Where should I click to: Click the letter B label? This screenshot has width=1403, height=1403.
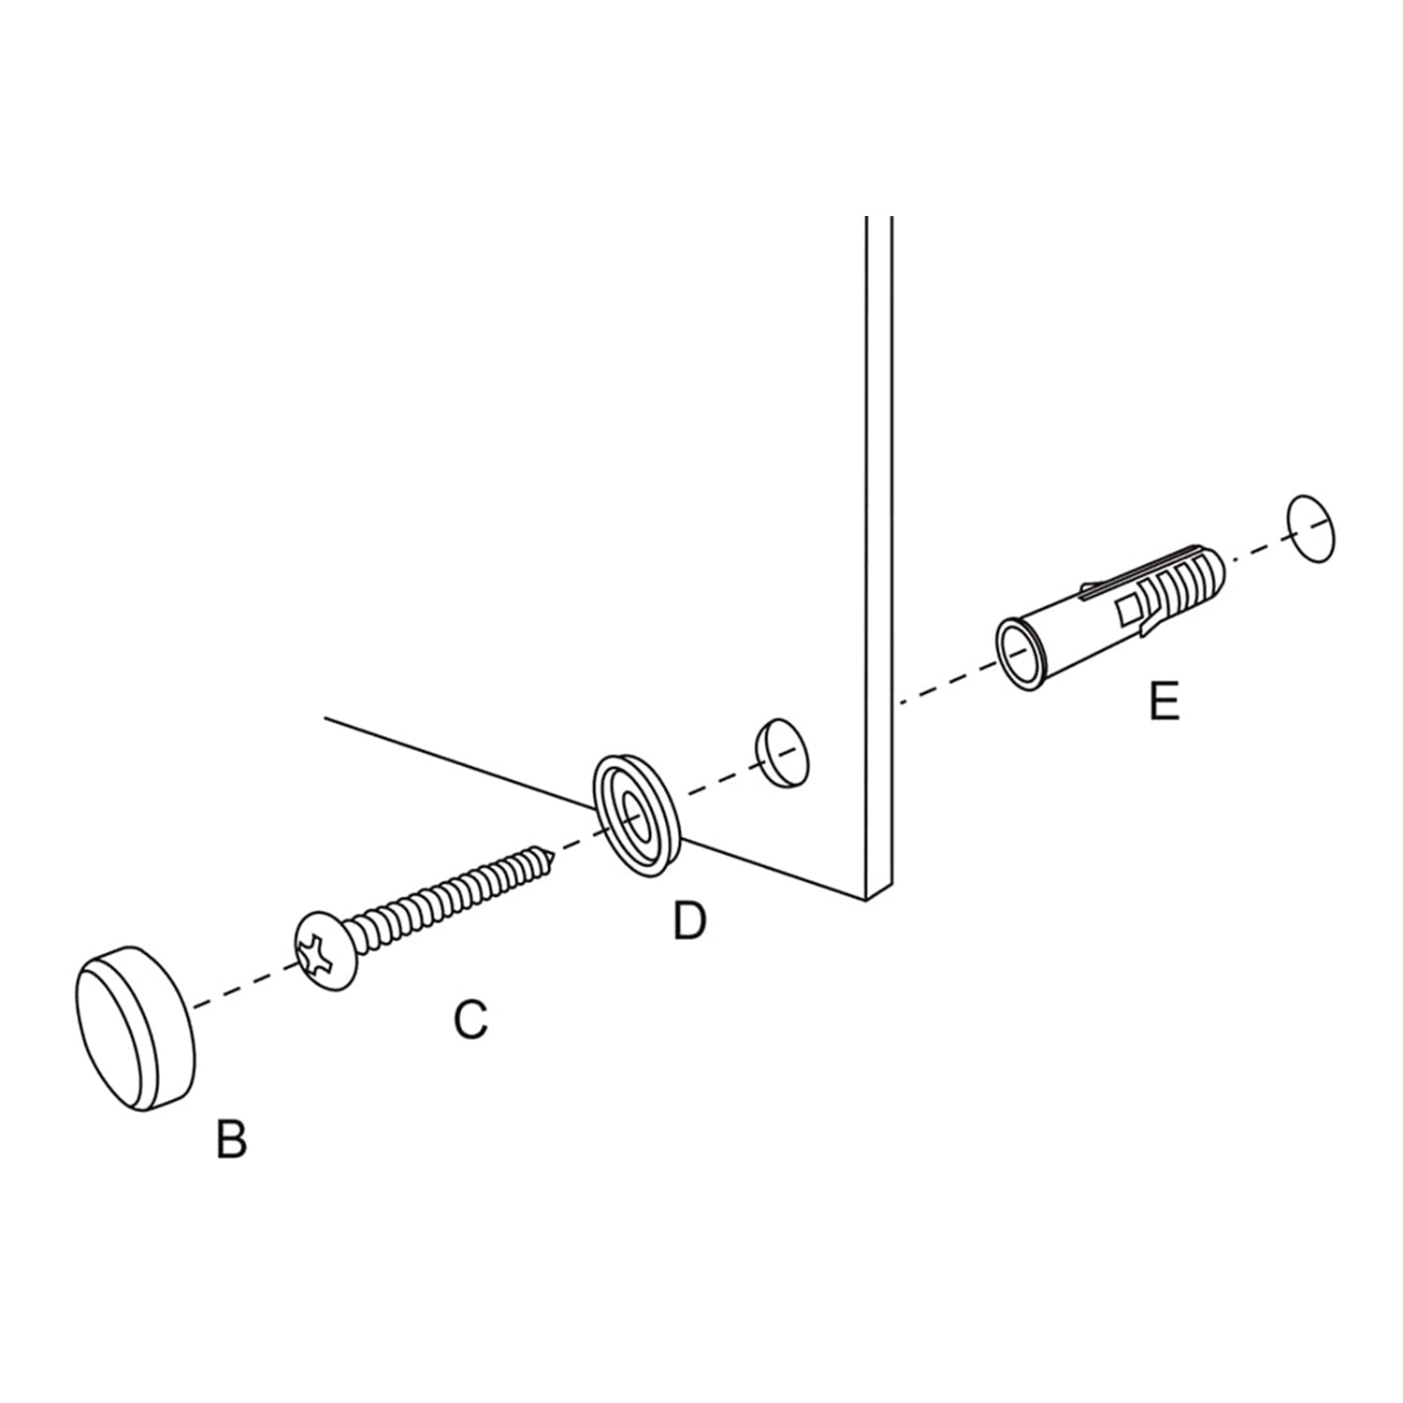tap(231, 1138)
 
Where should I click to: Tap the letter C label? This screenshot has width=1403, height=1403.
tap(470, 1020)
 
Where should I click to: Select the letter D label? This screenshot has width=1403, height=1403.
tap(689, 921)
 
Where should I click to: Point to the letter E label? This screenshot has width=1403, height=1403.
tap(1164, 701)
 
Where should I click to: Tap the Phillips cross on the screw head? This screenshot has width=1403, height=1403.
tap(317, 952)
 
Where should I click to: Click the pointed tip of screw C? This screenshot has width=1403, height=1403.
tap(556, 852)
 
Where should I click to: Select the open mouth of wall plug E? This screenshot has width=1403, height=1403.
tap(1017, 653)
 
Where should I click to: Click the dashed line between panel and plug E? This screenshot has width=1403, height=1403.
tap(946, 683)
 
